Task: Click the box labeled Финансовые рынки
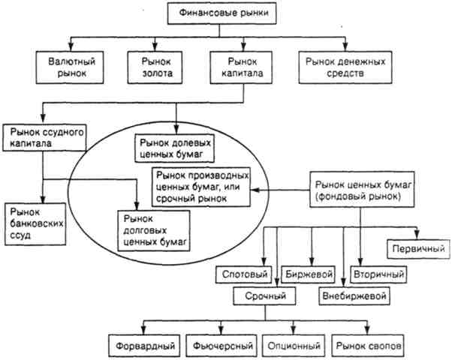pos(222,13)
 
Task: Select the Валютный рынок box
pos(70,67)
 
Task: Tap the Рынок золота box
pos(155,67)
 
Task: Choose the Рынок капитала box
pos(241,67)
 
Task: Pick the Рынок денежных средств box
pos(345,67)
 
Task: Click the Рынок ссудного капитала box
pos(45,138)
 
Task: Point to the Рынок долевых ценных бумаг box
pos(175,148)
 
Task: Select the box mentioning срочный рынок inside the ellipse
pos(201,187)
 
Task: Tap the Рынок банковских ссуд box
pos(35,224)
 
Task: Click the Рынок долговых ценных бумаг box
pos(154,231)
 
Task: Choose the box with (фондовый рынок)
pos(362,190)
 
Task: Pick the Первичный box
pos(418,248)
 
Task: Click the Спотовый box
pos(244,274)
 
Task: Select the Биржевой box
pos(309,274)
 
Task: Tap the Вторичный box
pos(378,274)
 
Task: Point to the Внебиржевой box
pos(354,295)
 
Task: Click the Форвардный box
pos(144,346)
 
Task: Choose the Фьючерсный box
pos(221,346)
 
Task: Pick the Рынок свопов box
pos(368,346)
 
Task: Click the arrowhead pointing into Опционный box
pos(294,331)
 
